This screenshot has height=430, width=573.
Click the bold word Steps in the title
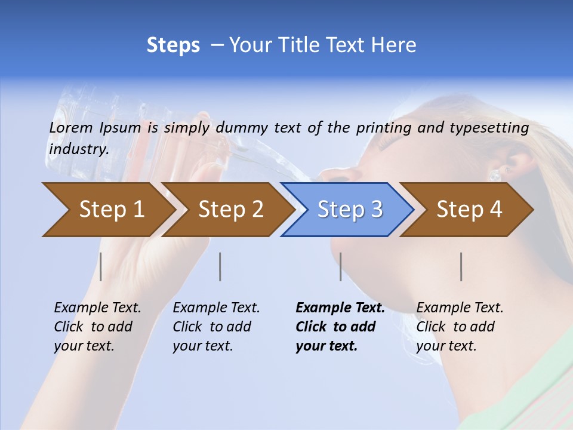[173, 45]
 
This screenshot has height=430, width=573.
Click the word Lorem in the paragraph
[71, 127]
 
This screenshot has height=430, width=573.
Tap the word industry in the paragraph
[78, 149]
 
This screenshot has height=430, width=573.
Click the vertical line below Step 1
[101, 266]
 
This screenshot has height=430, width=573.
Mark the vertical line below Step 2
[220, 266]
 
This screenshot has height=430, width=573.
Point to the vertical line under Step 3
[341, 266]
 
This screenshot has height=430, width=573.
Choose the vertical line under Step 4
[461, 266]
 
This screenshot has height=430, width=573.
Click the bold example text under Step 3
[340, 327]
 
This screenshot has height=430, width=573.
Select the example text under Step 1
[97, 327]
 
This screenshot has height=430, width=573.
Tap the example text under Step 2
[215, 327]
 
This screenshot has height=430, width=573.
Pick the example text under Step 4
[459, 327]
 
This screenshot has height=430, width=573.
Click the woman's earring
[495, 175]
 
